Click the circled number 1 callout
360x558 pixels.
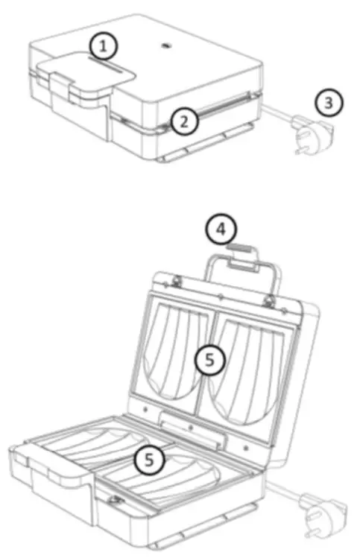[105, 47]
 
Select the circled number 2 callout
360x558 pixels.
[183, 120]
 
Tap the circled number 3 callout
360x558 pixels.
[329, 103]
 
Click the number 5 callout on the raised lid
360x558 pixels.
[210, 361]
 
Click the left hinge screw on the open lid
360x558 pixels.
[177, 280]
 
